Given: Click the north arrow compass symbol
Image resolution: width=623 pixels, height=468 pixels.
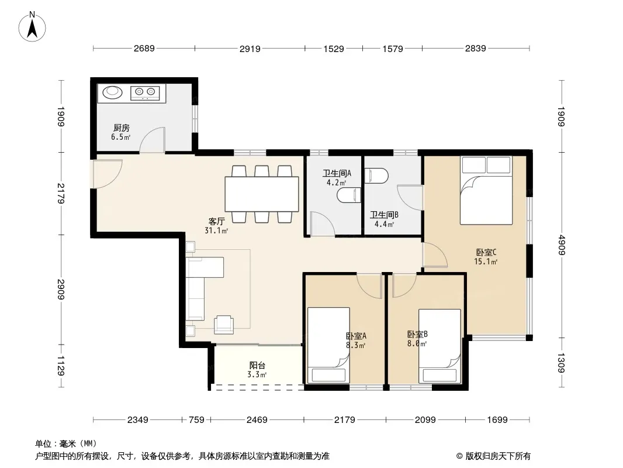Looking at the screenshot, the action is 32,26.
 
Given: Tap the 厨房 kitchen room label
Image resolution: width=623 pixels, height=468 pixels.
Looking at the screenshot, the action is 121,128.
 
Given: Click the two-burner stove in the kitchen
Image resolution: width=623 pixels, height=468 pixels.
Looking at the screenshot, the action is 145,93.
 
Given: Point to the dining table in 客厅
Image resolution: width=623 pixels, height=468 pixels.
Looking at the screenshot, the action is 262,194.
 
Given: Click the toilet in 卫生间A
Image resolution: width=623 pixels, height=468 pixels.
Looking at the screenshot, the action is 349,195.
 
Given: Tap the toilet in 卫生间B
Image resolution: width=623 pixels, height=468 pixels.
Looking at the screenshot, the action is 376,175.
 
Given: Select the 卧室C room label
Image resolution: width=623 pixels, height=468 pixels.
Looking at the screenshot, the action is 486,252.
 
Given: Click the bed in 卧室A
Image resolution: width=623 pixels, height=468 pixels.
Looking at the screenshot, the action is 328,345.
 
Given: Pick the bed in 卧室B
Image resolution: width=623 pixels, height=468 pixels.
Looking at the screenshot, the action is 440,346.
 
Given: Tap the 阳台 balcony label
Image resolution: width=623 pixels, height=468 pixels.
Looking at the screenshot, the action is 257,365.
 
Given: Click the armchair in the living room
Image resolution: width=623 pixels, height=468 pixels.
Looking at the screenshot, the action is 224,324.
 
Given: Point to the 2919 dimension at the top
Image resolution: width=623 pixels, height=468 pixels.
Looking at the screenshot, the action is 250,49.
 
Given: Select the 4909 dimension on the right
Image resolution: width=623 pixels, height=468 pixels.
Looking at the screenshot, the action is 561,245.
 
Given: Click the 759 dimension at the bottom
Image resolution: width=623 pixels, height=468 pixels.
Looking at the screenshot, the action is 196,419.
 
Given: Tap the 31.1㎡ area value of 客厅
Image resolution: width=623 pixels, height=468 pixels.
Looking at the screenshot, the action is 216,230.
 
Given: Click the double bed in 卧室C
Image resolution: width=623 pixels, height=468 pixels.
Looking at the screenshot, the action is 486,190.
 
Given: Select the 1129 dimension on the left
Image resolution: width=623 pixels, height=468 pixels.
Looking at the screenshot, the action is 60,366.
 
